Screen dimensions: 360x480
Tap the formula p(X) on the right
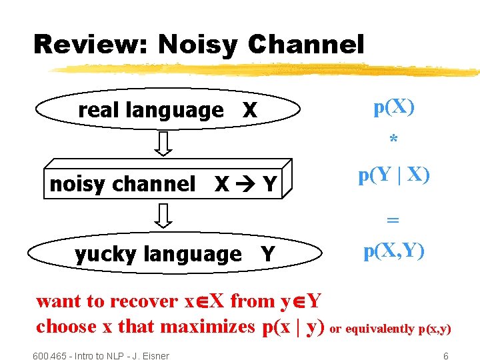pyautogui.click(x=394, y=107)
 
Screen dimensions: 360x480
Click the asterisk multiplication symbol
pyautogui.click(x=394, y=140)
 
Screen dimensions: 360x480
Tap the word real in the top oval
pyautogui.click(x=99, y=110)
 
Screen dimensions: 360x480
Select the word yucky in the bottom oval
pyautogui.click(x=106, y=254)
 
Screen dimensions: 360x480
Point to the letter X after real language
pyautogui.click(x=249, y=111)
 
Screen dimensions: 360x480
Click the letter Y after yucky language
pyautogui.click(x=267, y=254)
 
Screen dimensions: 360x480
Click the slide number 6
pyautogui.click(x=446, y=356)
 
